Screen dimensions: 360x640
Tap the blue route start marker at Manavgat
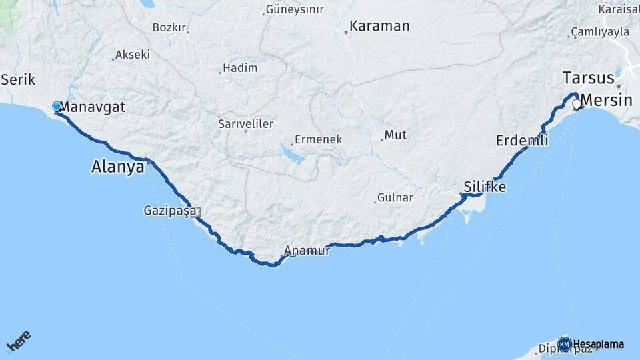(57, 106)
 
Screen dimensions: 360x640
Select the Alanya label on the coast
(117, 167)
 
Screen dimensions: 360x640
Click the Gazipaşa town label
(169, 211)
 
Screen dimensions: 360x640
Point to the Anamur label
(307, 251)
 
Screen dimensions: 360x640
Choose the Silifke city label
(485, 187)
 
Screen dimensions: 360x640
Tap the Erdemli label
(522, 141)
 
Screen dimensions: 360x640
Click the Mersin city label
(605, 101)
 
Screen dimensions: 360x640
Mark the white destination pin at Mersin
(577, 105)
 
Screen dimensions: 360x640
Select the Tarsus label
(587, 78)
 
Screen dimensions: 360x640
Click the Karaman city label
(379, 27)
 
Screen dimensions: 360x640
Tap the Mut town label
(395, 135)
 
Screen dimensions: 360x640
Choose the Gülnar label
(395, 198)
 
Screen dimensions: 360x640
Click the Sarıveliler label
(245, 124)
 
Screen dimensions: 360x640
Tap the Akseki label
(132, 55)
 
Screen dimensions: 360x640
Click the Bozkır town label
(168, 27)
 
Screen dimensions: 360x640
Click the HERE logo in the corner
(19, 342)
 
